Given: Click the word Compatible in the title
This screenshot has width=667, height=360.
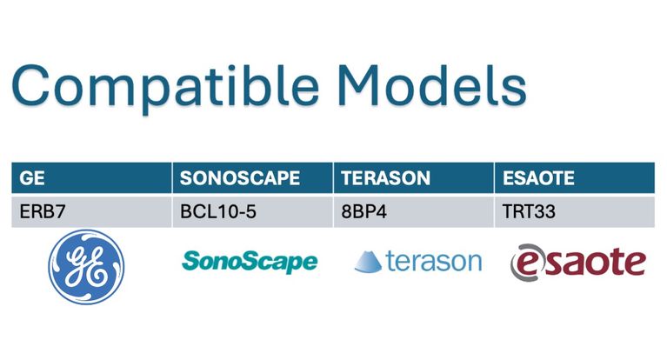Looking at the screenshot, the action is pos(165,87).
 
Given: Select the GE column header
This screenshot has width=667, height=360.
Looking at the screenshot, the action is pos(91,178).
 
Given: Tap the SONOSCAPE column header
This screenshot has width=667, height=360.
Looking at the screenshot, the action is pos(253,178).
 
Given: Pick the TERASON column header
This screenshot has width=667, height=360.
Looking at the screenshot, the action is pos(414,178).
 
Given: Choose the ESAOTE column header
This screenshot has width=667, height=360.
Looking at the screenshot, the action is pos(575,178).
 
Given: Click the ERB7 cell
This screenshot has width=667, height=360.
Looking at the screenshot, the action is pos(91,211).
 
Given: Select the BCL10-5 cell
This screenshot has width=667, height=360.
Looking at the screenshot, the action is pos(253,211).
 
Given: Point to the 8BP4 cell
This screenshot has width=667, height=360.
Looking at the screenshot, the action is pos(414,211).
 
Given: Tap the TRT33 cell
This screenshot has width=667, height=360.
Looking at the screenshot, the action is pos(575,211).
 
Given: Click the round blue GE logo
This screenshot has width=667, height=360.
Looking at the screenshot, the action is pos(86,267).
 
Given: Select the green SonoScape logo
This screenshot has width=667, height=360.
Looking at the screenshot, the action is pos(250,262).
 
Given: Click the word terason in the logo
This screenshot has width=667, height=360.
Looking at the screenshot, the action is pos(434,261).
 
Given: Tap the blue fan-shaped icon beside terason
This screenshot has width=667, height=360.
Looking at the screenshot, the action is pos(368,262).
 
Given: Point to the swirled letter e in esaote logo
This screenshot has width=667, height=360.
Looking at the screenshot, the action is pos(527,263).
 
